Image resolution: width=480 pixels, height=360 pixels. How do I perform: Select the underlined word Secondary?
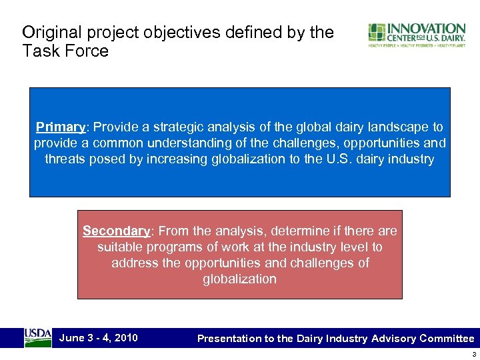(x=116, y=231)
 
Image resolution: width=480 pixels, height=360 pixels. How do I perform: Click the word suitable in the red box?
(x=119, y=247)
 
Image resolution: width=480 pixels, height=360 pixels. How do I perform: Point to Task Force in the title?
(x=65, y=51)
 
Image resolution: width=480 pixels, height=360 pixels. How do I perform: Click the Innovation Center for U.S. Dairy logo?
(x=417, y=35)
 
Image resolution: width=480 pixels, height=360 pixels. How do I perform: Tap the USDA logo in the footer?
(x=37, y=337)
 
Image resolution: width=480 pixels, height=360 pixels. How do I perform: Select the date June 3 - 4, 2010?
(x=99, y=337)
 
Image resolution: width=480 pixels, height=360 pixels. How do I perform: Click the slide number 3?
(x=472, y=354)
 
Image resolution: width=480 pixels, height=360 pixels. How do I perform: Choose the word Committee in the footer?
(x=447, y=339)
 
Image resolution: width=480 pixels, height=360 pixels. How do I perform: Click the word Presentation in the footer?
(x=229, y=339)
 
